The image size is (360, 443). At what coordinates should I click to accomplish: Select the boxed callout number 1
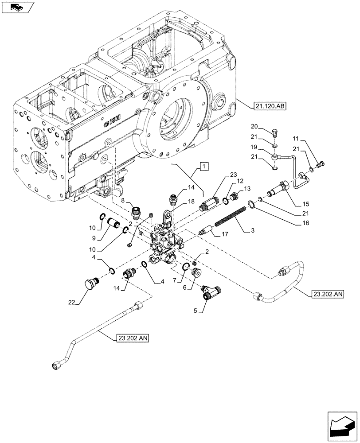coord(203,167)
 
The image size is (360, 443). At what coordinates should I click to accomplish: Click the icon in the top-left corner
coord(17,7)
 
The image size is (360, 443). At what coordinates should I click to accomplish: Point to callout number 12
coord(240,181)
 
